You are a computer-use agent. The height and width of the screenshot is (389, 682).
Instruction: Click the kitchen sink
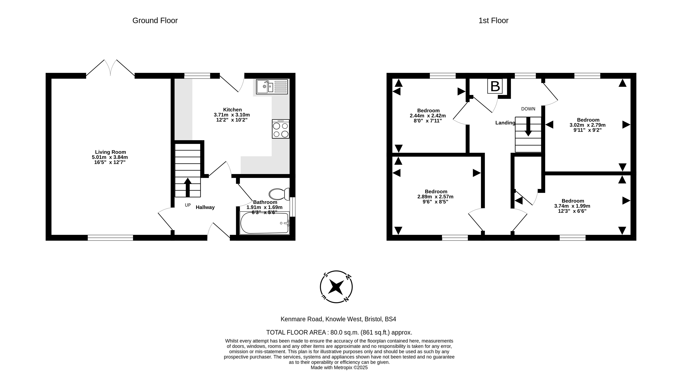coord(272,87)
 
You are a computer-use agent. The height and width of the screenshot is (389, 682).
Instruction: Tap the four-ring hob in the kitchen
coord(280,129)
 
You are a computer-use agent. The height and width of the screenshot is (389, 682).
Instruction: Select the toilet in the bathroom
coord(279,194)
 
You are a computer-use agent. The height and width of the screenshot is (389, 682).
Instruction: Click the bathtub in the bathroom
coord(264,223)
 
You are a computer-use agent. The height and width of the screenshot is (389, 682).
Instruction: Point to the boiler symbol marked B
coord(495,86)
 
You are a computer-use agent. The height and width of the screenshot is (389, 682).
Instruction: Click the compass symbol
coord(336,287)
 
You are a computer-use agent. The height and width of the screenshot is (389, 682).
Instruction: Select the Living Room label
coord(110,152)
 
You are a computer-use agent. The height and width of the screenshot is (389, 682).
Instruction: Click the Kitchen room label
coord(232,110)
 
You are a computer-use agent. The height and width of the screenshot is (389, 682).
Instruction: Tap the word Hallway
coord(205,207)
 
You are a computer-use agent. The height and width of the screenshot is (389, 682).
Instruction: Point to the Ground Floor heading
coord(155,21)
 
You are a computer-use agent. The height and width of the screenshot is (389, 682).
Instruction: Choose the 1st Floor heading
coord(493,21)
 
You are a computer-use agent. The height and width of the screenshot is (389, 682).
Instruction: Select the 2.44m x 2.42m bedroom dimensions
coord(428,116)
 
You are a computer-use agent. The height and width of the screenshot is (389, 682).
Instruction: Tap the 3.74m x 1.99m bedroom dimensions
coord(572,206)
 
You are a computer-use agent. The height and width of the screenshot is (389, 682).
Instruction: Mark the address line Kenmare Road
coord(338,319)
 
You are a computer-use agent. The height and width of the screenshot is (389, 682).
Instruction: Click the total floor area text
coord(339,332)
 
